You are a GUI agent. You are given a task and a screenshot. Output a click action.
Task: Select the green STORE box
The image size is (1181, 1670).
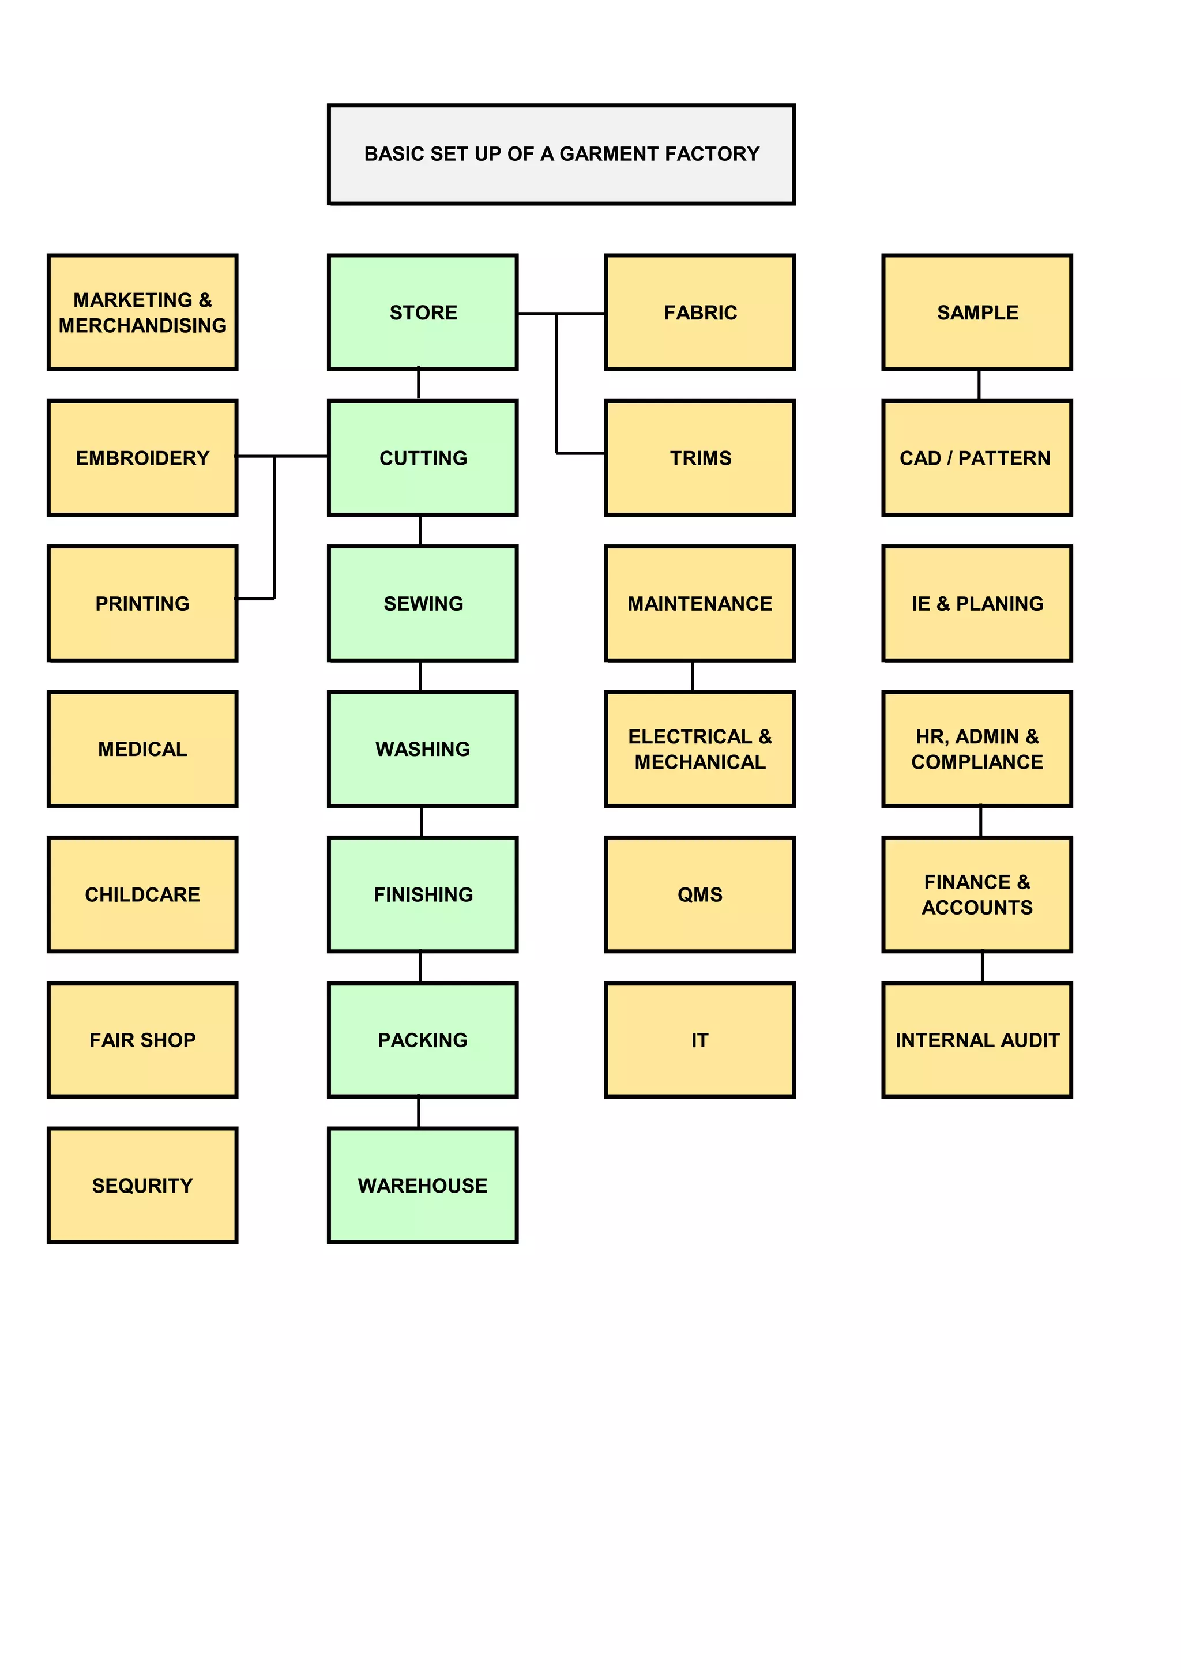tap(423, 312)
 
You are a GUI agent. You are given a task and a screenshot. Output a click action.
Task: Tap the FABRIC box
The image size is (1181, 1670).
tap(699, 312)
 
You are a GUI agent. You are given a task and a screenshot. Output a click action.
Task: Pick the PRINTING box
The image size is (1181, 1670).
tap(142, 603)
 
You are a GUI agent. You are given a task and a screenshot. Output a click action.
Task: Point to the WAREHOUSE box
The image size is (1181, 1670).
tap(423, 1185)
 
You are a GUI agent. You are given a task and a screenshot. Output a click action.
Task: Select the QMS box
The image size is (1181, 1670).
tap(699, 894)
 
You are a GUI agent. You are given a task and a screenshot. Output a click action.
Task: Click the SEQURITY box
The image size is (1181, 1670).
tap(142, 1185)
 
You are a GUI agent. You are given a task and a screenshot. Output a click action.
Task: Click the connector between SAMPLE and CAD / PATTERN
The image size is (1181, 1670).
tap(979, 385)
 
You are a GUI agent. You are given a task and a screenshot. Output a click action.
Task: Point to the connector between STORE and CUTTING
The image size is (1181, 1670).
tap(418, 385)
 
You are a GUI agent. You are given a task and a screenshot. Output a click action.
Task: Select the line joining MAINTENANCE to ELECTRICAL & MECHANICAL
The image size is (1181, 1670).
tap(693, 676)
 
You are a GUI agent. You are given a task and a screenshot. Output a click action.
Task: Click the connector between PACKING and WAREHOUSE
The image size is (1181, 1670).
tap(418, 1112)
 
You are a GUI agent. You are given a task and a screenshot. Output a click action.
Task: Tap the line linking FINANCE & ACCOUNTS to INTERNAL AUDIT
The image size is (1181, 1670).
tap(983, 966)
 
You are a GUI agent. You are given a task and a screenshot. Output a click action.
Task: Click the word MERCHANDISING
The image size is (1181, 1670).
tap(142, 325)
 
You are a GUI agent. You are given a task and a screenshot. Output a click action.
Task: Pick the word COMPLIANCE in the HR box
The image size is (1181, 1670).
tap(977, 762)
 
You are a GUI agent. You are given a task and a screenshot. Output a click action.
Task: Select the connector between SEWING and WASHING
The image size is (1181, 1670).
tap(420, 676)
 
